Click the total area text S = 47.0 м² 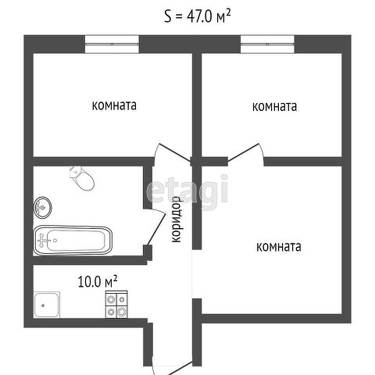(198, 16)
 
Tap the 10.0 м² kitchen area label (98, 281)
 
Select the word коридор (177, 220)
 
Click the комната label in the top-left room (114, 105)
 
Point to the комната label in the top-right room (274, 106)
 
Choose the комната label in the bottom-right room (279, 246)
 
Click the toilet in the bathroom (82, 178)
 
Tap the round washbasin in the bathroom (43, 208)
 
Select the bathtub (73, 240)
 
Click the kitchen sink (47, 305)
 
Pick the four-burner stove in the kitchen (116, 304)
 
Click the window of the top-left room (112, 45)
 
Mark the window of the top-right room (267, 45)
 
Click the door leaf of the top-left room (175, 152)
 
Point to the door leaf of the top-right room (243, 152)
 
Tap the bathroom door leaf (157, 229)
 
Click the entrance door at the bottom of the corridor (180, 368)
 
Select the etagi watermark (187, 190)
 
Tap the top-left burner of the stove (111, 299)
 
